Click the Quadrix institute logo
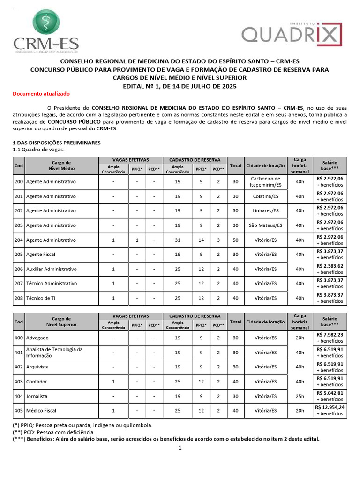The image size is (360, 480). (292, 34)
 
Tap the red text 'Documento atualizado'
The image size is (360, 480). (41, 94)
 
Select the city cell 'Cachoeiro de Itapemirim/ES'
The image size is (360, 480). (265, 181)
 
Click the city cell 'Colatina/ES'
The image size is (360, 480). (265, 196)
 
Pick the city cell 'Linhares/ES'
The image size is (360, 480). (265, 211)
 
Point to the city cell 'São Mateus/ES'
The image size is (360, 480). (265, 225)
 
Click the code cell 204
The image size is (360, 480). (18, 240)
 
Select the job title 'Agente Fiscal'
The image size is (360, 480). (41, 255)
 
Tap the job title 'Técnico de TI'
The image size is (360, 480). (41, 298)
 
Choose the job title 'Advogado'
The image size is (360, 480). (37, 338)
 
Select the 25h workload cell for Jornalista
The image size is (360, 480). (300, 396)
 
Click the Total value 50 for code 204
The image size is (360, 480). (236, 240)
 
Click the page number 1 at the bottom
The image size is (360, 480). (179, 448)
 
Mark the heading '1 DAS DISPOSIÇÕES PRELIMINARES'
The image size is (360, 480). (56, 142)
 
